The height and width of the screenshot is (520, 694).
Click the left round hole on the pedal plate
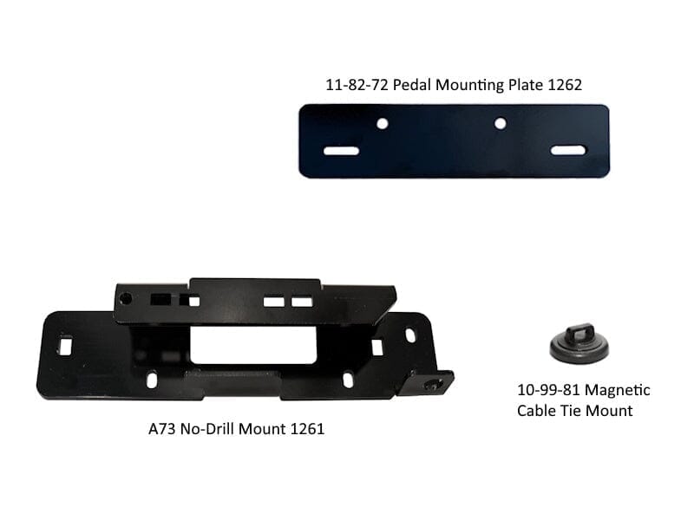tap(382, 124)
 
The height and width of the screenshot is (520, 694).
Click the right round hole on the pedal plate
tap(500, 124)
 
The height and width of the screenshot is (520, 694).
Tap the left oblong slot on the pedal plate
tap(342, 151)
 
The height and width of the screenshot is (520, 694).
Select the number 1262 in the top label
tap(565, 85)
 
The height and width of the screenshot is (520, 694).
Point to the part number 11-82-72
tap(350, 85)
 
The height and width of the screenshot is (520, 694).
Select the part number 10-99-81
tap(547, 390)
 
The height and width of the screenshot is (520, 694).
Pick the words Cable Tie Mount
tap(574, 411)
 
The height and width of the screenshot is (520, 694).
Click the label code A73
tap(163, 428)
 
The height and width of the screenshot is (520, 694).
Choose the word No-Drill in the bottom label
tap(213, 428)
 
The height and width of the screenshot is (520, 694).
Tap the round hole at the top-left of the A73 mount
tap(127, 298)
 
